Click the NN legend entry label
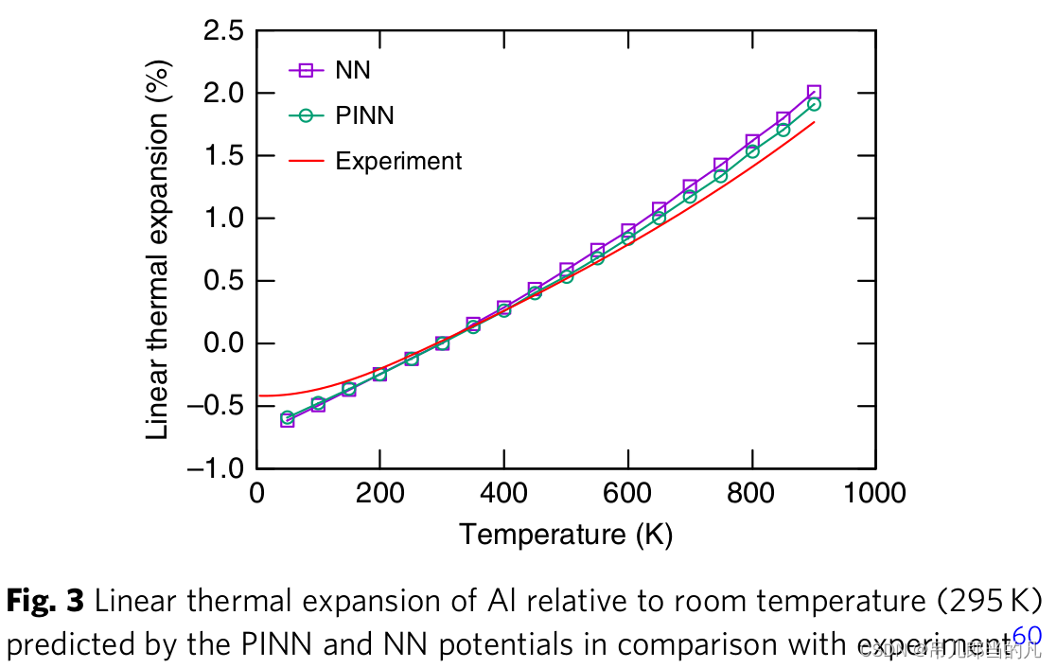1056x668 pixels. point(353,70)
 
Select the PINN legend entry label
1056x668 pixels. point(364,115)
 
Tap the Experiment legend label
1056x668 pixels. point(398,161)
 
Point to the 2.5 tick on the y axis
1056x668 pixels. point(225,31)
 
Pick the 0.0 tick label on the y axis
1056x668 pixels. point(225,343)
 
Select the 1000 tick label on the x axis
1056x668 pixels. point(875,493)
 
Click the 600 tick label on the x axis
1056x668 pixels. point(627,493)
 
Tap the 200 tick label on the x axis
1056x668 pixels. point(379,493)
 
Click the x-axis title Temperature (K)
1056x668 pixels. point(566,535)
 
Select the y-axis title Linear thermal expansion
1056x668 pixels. point(159,250)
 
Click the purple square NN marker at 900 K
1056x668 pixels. point(814,92)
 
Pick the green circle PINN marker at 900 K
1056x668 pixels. point(814,104)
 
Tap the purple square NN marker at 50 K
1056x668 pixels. point(288,420)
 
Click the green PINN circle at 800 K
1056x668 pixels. point(752,151)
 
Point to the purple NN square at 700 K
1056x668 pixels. point(690,187)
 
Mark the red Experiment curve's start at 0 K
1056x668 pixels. point(258,396)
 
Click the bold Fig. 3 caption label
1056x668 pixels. point(46,601)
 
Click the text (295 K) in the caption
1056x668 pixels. point(990,601)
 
